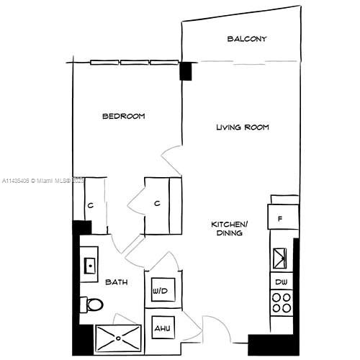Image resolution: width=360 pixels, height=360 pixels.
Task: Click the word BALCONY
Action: click(247, 39)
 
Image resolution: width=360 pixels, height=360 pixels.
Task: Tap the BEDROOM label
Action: click(123, 116)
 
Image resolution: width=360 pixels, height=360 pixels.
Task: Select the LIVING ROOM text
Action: click(243, 127)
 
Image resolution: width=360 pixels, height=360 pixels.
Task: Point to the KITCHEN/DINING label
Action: click(229, 228)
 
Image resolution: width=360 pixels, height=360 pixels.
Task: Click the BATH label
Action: click(117, 282)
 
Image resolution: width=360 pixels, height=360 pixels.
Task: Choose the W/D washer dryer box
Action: click(160, 292)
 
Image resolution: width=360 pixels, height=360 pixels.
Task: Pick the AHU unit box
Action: click(161, 328)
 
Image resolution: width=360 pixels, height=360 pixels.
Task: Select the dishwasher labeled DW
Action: click(281, 281)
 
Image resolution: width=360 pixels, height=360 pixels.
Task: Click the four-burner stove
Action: click(281, 302)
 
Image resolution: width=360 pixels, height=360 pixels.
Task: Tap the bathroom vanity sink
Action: click(89, 265)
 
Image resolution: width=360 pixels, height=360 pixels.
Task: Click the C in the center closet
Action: click(157, 204)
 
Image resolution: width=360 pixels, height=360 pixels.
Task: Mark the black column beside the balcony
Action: click(186, 71)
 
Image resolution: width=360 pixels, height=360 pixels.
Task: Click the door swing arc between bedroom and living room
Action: click(171, 157)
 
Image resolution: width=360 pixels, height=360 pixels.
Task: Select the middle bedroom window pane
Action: click(135, 62)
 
